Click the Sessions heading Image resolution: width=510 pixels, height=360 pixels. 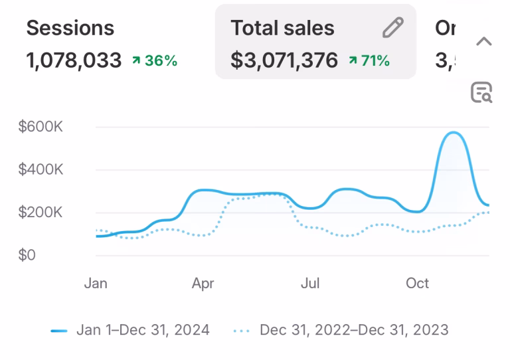pos(70,29)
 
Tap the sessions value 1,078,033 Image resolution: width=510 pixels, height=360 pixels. pos(74,61)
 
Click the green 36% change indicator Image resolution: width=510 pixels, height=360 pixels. pos(155,61)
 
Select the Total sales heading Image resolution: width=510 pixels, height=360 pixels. pos(282,29)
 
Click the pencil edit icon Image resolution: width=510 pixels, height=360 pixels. pos(393,28)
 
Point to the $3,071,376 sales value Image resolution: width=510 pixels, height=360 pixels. pos(284,61)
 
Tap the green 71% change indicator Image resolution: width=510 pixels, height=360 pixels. pos(369,61)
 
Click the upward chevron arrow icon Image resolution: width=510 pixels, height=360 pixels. pos(484,41)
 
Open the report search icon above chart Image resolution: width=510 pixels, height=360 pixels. pos(481,93)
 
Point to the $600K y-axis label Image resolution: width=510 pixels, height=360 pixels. pos(41,127)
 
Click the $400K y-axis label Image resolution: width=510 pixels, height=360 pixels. pos(41,169)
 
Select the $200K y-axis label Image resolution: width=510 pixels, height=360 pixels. pos(41,213)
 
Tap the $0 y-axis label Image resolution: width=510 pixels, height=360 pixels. pos(27,256)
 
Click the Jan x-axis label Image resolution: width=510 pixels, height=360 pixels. pos(96,284)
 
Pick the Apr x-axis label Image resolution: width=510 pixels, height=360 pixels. pos(203,284)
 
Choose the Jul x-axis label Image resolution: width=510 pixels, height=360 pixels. pos(310,284)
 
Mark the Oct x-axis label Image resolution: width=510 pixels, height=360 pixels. pos(418,284)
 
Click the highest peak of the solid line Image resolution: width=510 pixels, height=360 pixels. pos(454,133)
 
